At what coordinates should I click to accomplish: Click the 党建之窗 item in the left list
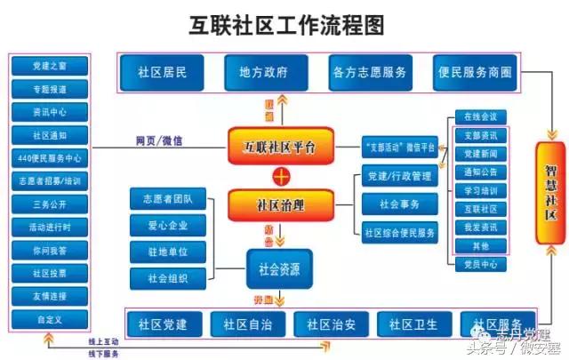click(x=48, y=67)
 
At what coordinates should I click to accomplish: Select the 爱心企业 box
click(x=167, y=225)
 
